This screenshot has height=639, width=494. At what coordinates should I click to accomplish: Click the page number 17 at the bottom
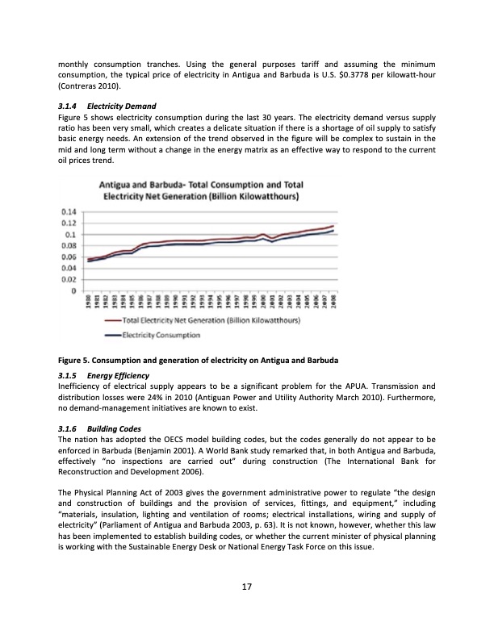coord(247,587)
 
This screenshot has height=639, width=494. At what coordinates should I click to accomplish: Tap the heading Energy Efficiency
coord(118,376)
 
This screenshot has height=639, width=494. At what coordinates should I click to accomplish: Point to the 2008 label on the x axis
coord(333,299)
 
